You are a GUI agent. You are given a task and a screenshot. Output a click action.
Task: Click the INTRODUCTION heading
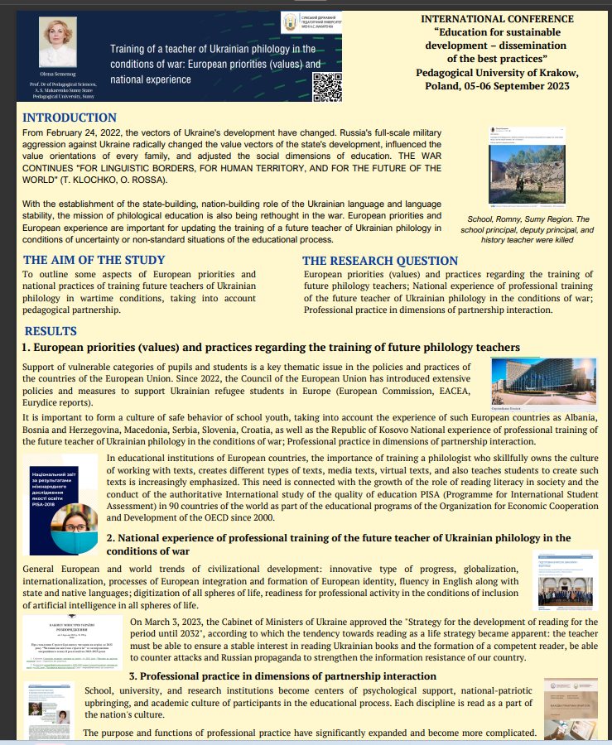click(70, 118)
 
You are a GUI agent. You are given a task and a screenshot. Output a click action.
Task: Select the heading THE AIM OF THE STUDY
click(94, 260)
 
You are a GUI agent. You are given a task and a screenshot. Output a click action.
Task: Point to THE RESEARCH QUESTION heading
click(380, 261)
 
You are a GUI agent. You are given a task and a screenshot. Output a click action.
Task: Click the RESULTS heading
click(51, 332)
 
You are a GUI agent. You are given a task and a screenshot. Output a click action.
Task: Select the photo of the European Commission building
click(542, 381)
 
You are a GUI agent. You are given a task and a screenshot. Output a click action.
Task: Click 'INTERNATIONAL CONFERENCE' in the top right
click(497, 18)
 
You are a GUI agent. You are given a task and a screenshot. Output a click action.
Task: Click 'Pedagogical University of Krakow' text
click(497, 72)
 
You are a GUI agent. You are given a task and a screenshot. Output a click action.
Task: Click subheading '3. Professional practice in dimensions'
click(282, 676)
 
